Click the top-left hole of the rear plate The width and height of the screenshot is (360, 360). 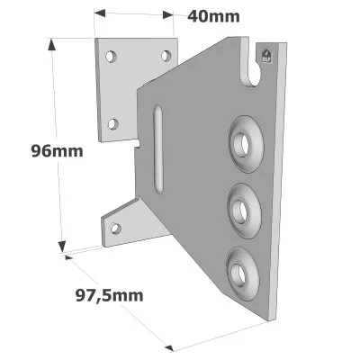(x=111, y=56)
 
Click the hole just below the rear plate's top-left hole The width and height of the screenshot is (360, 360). (x=114, y=123)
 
